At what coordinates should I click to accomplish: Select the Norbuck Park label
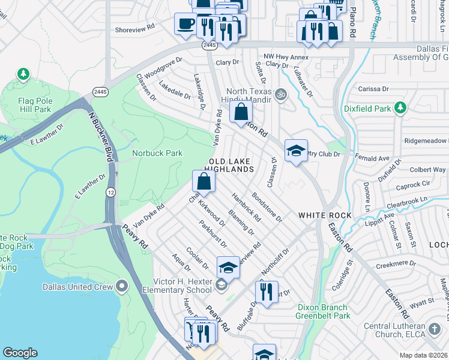pyautogui.click(x=157, y=154)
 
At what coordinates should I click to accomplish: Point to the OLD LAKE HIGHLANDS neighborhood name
pyautogui.click(x=231, y=166)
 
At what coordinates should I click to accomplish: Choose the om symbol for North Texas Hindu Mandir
pyautogui.click(x=279, y=94)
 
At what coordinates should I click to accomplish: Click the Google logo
pyautogui.click(x=20, y=353)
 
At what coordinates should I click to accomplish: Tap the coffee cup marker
pyautogui.click(x=185, y=24)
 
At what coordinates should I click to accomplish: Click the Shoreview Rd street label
pyautogui.click(x=134, y=28)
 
